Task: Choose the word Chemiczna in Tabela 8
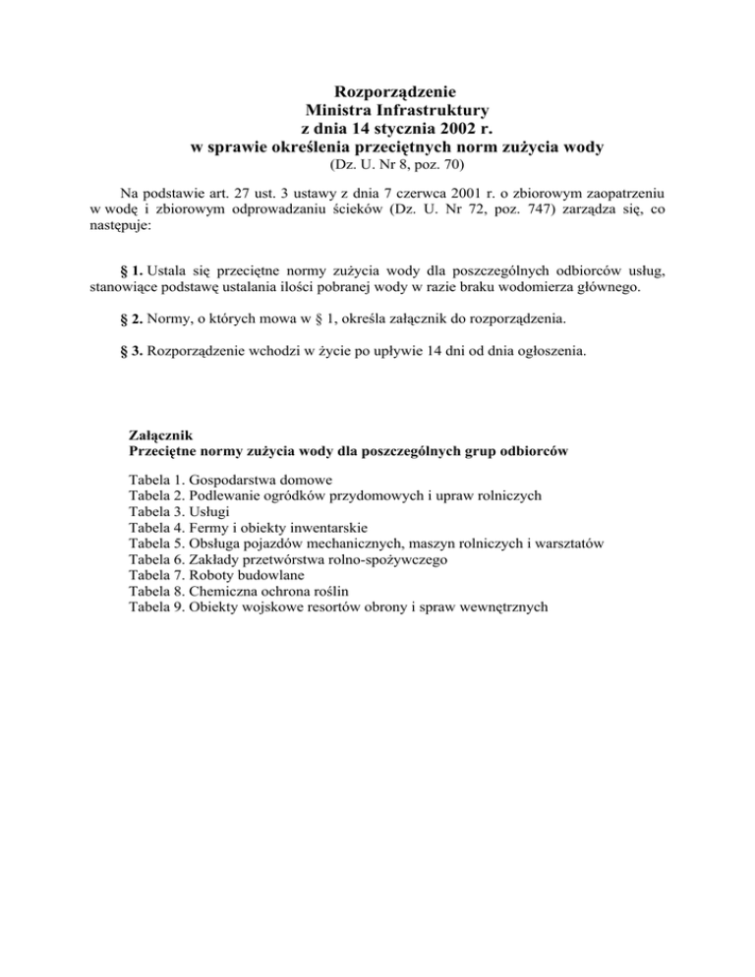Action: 224,591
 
